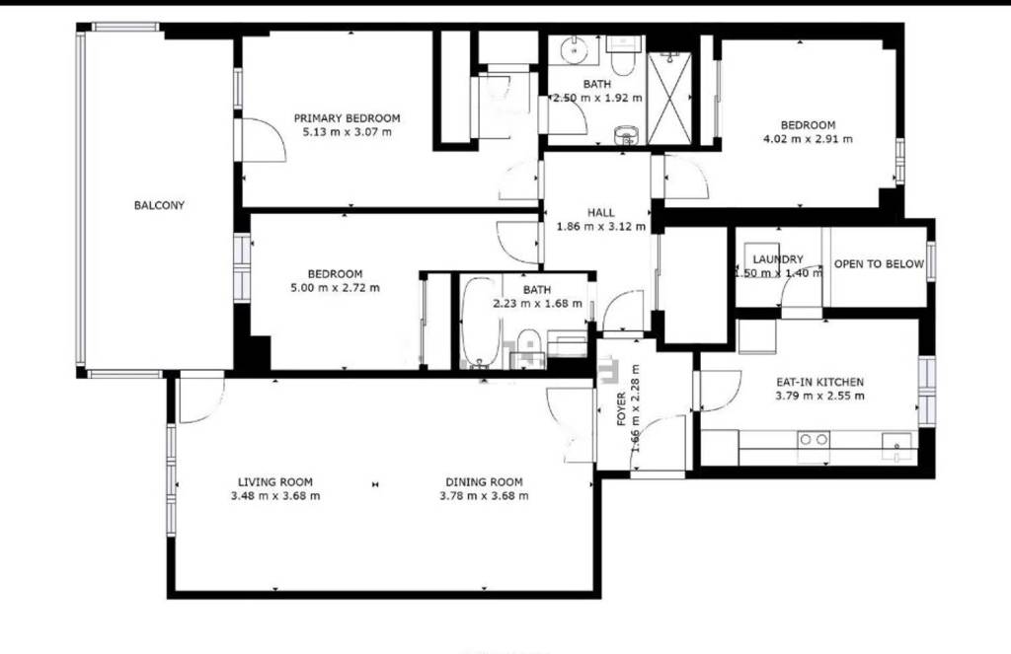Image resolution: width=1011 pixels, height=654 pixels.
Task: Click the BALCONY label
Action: (159, 205)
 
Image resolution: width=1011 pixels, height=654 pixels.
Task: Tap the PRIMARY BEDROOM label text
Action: (347, 118)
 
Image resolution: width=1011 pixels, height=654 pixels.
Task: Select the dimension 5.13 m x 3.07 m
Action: (347, 132)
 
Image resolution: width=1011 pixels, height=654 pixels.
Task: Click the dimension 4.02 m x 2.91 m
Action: (808, 139)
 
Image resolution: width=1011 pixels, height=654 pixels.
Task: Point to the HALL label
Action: (601, 212)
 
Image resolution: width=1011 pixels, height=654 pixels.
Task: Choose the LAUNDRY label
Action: (778, 259)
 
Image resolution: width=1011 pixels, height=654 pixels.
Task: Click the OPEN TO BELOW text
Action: (879, 264)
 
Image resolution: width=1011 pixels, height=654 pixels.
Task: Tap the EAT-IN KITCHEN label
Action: (820, 382)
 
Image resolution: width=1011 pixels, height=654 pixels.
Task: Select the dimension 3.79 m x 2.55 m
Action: (820, 396)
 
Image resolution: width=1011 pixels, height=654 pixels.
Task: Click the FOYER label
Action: (622, 409)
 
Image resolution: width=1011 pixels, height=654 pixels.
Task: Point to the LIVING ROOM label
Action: (275, 482)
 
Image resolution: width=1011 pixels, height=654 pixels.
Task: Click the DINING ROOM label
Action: (484, 482)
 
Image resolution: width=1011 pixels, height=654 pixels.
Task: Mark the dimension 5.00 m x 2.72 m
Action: (336, 288)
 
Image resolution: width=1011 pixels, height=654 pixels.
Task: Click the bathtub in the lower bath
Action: (481, 323)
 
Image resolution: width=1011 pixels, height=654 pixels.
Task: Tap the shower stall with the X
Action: (669, 98)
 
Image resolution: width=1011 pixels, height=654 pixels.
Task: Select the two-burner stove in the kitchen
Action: (814, 440)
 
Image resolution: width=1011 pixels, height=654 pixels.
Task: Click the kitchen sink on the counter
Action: (897, 443)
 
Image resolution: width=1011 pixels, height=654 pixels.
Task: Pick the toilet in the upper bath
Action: (624, 55)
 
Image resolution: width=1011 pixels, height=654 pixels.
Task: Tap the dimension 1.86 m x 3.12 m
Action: (601, 226)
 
